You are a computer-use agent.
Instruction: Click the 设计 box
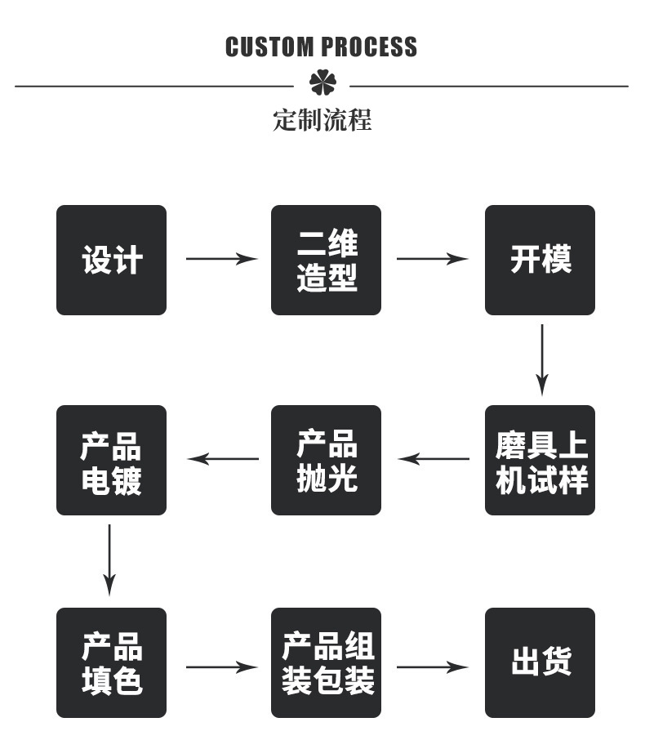pos(111,260)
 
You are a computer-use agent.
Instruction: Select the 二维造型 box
pos(326,260)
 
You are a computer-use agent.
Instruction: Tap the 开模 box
pos(540,260)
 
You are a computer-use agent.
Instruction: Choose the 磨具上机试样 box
pos(540,460)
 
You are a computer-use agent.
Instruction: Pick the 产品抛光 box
pos(326,460)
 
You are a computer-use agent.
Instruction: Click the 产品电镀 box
pos(111,460)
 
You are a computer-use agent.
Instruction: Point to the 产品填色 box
pos(111,662)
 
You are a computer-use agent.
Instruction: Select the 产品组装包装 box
pos(326,662)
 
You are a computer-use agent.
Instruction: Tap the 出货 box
pos(540,662)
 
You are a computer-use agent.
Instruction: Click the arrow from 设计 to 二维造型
pos(221,259)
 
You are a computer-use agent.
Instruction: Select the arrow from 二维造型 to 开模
pos(433,259)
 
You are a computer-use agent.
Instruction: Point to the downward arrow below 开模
pos(541,359)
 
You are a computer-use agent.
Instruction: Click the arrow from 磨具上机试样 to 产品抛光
pos(434,459)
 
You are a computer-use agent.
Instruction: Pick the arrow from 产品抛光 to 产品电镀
pos(223,459)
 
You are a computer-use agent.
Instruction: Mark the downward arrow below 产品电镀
pos(109,559)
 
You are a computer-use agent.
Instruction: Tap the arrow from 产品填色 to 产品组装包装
pos(221,667)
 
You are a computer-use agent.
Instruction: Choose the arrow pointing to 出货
pos(433,667)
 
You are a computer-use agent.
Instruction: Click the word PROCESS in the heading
pos(369,47)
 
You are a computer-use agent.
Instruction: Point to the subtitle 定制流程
pos(322,121)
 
